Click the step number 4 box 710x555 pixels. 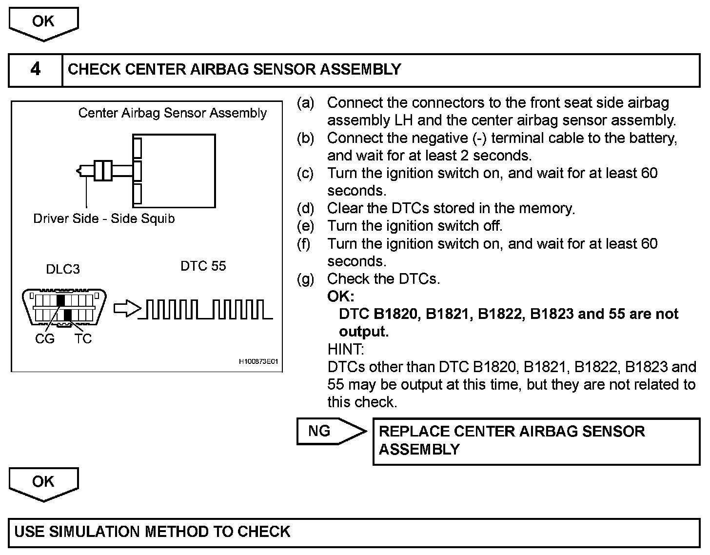tap(36, 70)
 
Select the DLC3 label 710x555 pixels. tap(63, 269)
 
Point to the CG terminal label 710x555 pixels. tap(45, 339)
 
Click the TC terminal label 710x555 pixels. tap(83, 339)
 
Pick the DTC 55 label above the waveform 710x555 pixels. tap(203, 266)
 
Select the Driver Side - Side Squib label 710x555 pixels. tap(104, 218)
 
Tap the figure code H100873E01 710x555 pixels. tap(258, 362)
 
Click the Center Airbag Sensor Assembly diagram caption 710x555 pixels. tap(173, 113)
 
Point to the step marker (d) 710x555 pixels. tap(306, 209)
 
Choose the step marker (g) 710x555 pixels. tap(306, 279)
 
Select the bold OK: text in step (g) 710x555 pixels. tap(341, 297)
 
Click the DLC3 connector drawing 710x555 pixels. tap(64, 307)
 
